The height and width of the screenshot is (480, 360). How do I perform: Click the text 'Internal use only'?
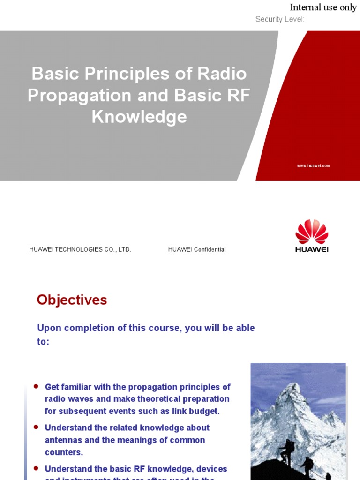323,7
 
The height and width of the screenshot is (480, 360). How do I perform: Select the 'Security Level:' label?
280,19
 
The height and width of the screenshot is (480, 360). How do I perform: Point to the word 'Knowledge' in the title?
139,117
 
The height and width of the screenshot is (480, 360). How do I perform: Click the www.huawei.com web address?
314,166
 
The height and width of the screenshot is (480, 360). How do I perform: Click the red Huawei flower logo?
312,232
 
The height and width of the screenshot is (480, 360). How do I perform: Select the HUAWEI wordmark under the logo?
312,249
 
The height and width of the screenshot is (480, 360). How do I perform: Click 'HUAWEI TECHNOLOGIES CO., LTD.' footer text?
80,249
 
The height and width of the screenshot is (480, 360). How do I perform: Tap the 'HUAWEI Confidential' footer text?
197,249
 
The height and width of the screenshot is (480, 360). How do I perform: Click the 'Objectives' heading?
72,300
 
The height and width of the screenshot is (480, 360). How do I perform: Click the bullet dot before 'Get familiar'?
36,386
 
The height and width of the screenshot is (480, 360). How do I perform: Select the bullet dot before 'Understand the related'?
36,427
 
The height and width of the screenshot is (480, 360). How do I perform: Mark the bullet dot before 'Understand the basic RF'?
36,468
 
